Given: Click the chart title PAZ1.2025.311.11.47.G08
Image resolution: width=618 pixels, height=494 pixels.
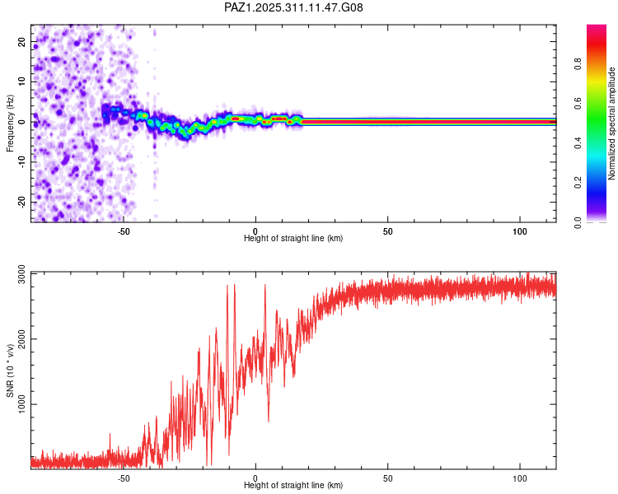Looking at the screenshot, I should pos(293,7).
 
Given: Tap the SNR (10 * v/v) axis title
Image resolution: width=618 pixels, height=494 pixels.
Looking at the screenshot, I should pos(10,370).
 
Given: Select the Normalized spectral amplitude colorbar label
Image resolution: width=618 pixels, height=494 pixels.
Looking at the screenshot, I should pos(612,123).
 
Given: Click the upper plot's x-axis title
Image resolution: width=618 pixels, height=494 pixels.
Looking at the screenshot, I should pos(293,238).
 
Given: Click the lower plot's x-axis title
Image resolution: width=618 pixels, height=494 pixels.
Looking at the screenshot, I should pos(293,485).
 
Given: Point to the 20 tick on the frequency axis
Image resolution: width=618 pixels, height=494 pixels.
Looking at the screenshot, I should pos(22,41).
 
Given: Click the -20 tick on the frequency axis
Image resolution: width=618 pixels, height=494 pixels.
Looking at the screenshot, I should pos(21,203).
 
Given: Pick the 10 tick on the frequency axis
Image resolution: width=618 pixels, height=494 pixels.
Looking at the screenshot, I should pos(22,82).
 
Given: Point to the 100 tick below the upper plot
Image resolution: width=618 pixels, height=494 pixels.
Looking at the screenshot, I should pos(520,231).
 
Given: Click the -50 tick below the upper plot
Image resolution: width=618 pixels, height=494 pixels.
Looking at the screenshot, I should pos(124,231).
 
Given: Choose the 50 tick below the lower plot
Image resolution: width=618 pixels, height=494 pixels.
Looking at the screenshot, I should pos(387,478).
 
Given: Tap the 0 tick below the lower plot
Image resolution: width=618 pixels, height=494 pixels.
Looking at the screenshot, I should pos(255,478).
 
